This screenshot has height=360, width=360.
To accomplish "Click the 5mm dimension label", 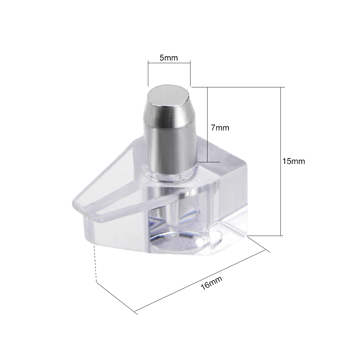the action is pyautogui.click(x=169, y=58).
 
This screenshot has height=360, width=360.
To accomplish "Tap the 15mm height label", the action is pyautogui.click(x=294, y=161).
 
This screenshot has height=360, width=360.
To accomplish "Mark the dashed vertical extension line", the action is pyautogui.click(x=95, y=263).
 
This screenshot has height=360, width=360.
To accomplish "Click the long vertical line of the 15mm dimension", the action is pyautogui.click(x=280, y=161).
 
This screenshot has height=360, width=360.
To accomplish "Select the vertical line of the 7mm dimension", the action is pyautogui.click(x=207, y=125).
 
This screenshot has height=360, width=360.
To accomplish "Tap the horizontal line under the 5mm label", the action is pyautogui.click(x=169, y=62).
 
